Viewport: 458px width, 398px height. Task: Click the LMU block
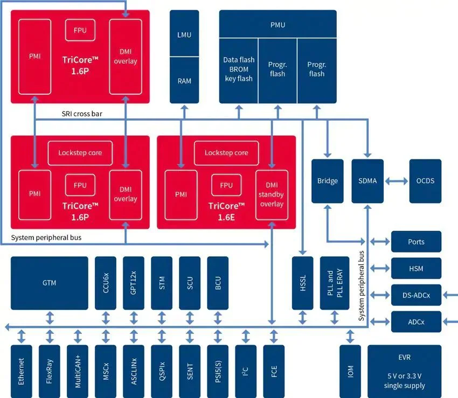[x=184, y=33]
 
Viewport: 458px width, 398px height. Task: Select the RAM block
[x=184, y=80]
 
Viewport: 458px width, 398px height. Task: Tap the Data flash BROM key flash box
[x=238, y=71]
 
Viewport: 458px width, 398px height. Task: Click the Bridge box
[x=328, y=181]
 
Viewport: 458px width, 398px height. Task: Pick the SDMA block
[x=367, y=181]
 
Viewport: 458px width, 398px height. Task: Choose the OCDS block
[x=425, y=181]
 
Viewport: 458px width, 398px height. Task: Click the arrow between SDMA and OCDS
[x=397, y=181]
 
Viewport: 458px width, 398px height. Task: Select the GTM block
[x=50, y=283]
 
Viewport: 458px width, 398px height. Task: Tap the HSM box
[x=416, y=268]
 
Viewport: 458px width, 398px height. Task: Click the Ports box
[x=416, y=241]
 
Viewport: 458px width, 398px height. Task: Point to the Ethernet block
[x=22, y=372]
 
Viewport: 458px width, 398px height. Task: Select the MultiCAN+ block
[x=78, y=372]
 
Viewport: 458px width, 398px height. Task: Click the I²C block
[x=246, y=372]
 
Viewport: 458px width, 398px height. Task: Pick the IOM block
[x=350, y=372]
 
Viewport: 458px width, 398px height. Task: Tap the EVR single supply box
[x=405, y=372]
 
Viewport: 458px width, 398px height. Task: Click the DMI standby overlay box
[x=272, y=195]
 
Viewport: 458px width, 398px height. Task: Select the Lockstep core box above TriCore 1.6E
[x=226, y=153]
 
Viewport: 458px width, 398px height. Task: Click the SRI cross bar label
[x=82, y=114]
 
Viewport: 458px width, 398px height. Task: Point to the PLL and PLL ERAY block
[x=335, y=283]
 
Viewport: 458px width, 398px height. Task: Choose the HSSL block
[x=303, y=283]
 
